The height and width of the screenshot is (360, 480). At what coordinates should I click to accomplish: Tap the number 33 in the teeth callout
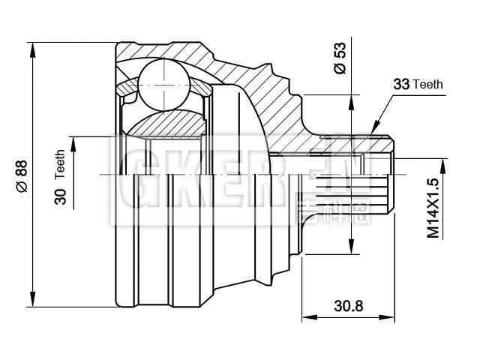click(x=401, y=85)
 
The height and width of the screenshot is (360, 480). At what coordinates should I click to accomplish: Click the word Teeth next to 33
click(x=427, y=85)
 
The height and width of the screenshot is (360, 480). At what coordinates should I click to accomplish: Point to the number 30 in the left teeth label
click(x=60, y=196)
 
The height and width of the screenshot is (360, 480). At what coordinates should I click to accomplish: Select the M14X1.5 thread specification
click(x=433, y=208)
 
